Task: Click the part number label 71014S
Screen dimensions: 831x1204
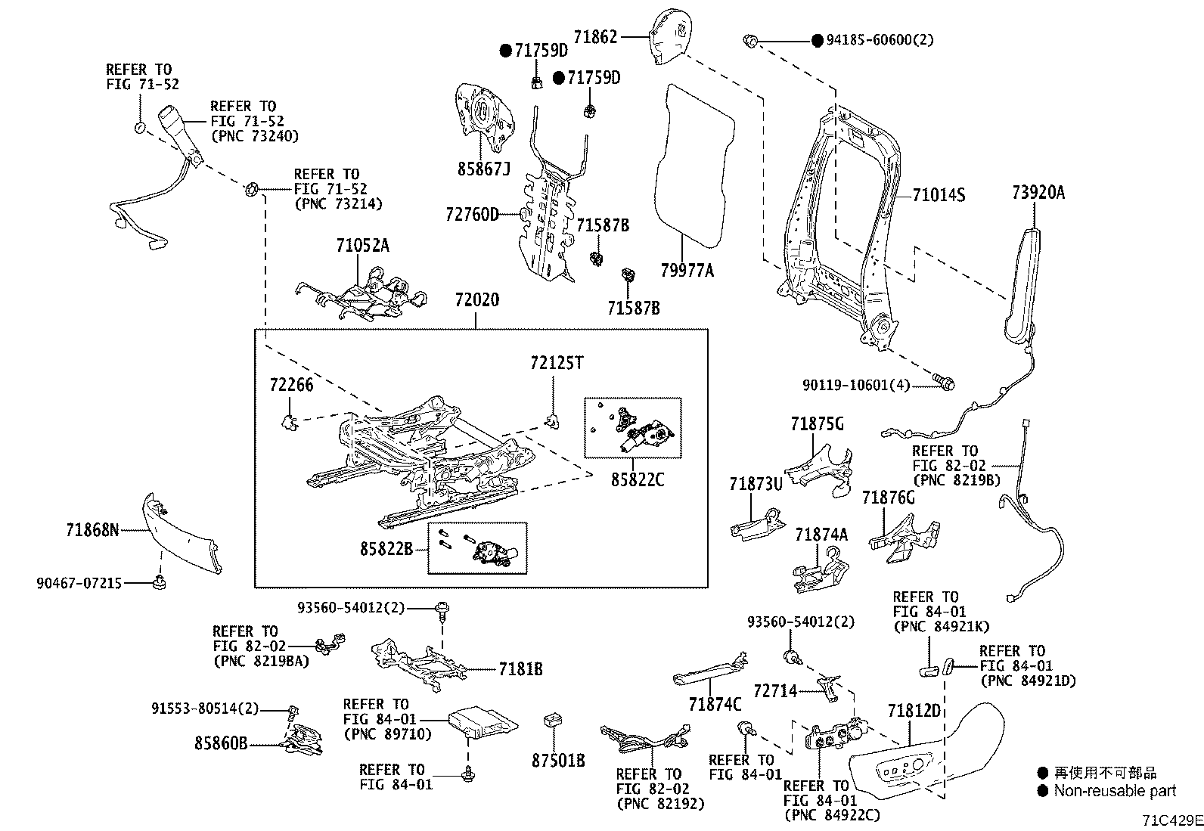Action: pos(939,195)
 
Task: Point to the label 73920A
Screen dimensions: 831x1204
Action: pos(1038,193)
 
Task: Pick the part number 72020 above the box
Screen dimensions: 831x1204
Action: pos(476,300)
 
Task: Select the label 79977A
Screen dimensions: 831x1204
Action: pos(685,270)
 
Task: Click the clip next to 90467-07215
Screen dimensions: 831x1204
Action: pos(160,582)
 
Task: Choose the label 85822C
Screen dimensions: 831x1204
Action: pos(638,479)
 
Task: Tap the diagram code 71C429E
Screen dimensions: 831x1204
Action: pos(1171,820)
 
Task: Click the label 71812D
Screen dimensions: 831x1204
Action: pos(914,711)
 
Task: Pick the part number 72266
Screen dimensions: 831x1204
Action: pos(291,385)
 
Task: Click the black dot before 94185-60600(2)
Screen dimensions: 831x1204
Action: pos(818,40)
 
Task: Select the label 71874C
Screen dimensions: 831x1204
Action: pos(715,704)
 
